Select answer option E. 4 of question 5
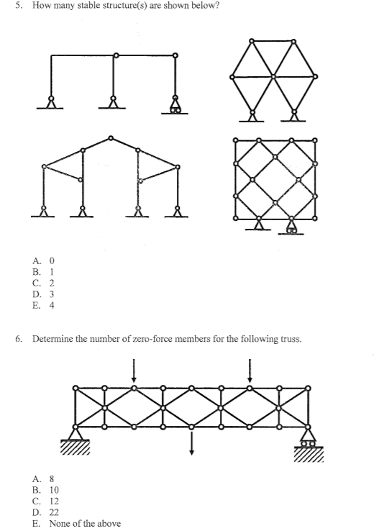point(43,304)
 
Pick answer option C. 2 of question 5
point(43,283)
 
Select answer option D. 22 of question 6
point(45,512)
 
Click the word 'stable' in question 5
point(95,6)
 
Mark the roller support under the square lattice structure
point(291,228)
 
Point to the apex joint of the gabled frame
point(110,137)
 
